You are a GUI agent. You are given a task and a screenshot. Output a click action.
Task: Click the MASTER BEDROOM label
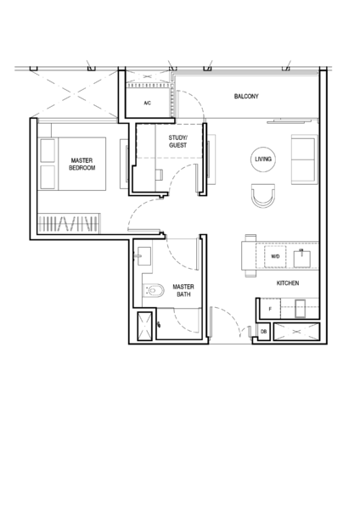pyautogui.click(x=82, y=164)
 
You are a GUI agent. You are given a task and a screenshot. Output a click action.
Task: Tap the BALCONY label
pyautogui.click(x=246, y=96)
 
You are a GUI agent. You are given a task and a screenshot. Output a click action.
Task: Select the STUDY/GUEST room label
pyautogui.click(x=177, y=142)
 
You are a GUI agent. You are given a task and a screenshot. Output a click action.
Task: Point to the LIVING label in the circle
pyautogui.click(x=263, y=159)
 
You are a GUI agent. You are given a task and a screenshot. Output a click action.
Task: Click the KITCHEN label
pyautogui.click(x=288, y=283)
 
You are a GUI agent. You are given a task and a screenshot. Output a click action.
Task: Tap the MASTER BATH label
pyautogui.click(x=183, y=290)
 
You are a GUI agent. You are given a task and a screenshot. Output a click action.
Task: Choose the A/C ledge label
pyautogui.click(x=148, y=103)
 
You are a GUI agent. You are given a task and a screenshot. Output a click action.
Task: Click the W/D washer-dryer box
pyautogui.click(x=275, y=256)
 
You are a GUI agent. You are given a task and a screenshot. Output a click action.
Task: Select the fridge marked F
pyautogui.click(x=270, y=309)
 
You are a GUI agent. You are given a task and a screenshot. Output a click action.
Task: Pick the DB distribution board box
pyautogui.click(x=263, y=332)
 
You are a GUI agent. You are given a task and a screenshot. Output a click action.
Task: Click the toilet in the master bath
pyautogui.click(x=154, y=290)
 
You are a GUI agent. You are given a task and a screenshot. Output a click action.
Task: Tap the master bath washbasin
pyautogui.click(x=144, y=256)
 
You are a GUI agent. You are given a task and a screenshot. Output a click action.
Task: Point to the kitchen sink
pyautogui.click(x=302, y=259)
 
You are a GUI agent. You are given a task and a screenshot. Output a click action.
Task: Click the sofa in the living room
pyautogui.click(x=303, y=159)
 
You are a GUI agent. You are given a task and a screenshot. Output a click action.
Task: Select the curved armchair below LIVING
pyautogui.click(x=263, y=195)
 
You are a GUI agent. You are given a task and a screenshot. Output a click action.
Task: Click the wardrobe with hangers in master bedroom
pyautogui.click(x=69, y=223)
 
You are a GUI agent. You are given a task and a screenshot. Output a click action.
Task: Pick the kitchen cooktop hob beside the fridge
pyautogui.click(x=301, y=309)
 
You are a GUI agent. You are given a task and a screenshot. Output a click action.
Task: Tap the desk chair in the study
pyautogui.click(x=160, y=175)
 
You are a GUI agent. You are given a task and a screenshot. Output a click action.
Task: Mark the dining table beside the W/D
pyautogui.click(x=249, y=255)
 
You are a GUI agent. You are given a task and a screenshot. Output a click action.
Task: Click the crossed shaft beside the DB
pyautogui.click(x=296, y=332)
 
